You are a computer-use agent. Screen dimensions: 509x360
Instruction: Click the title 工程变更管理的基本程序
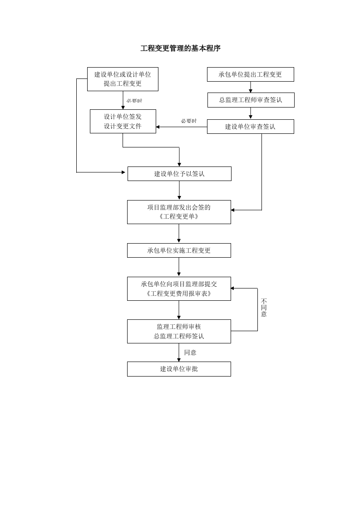click(180, 48)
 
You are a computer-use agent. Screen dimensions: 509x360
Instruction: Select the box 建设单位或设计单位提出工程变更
click(123, 79)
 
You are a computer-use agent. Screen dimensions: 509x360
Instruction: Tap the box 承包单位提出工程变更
click(250, 74)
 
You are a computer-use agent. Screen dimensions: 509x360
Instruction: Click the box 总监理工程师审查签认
click(251, 100)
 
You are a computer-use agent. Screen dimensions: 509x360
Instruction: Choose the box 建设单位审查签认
click(250, 127)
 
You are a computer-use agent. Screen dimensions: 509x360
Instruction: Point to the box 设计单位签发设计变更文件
click(123, 121)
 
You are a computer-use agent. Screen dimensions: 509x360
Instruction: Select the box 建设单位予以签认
click(179, 174)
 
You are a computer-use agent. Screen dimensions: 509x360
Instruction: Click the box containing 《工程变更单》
click(179, 212)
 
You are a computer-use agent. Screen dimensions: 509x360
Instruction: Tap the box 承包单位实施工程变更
click(179, 250)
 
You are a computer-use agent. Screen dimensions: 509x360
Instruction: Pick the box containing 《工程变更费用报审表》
click(179, 289)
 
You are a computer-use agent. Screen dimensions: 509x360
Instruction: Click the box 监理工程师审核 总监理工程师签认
click(179, 331)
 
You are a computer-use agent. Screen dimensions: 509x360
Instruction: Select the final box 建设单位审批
click(179, 369)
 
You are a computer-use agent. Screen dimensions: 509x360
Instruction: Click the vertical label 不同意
click(264, 308)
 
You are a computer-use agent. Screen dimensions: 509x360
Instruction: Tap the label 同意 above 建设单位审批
click(190, 352)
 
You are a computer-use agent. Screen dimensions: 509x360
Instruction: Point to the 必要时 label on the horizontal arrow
click(189, 121)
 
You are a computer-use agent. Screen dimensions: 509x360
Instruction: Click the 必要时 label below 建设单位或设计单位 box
click(134, 101)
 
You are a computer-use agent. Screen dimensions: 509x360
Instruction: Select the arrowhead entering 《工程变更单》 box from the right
click(233, 210)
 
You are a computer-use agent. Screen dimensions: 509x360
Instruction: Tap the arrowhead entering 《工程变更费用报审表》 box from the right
click(233, 288)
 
